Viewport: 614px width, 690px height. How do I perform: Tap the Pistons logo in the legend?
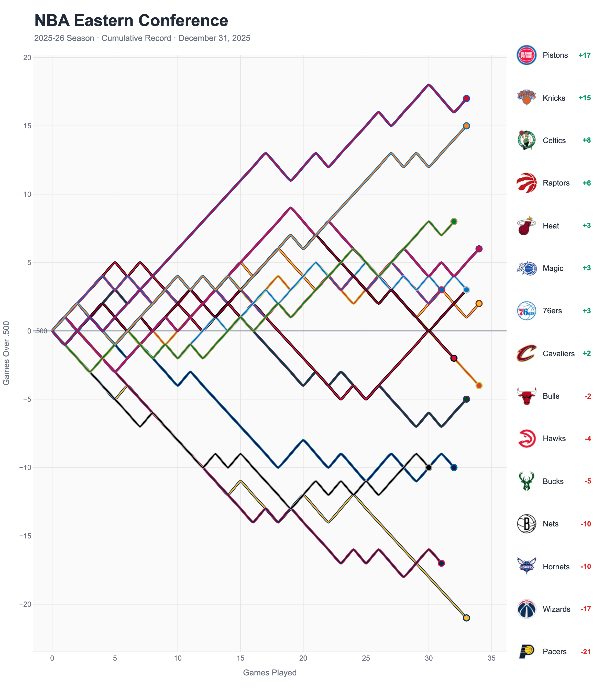pos(526,55)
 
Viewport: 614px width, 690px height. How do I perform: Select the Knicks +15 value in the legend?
pos(584,98)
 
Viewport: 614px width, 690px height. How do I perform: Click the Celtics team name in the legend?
pos(554,141)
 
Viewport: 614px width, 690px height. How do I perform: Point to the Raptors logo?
pos(526,183)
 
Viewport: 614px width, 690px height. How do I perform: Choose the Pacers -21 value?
pos(585,651)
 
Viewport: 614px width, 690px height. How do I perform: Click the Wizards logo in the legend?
pos(526,609)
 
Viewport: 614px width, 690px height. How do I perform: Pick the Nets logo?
pos(526,524)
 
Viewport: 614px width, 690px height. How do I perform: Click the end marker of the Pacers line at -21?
pos(466,618)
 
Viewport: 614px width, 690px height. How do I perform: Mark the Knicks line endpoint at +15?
pos(466,126)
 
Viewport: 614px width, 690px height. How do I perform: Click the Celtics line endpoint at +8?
pos(454,222)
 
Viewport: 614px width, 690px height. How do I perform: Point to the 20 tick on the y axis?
pos(27,58)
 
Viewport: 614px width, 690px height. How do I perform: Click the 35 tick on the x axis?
pos(491,658)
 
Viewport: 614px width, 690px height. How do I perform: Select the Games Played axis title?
pos(270,672)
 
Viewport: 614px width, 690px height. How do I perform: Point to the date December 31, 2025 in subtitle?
pos(214,38)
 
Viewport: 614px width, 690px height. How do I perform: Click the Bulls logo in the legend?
pos(526,396)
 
